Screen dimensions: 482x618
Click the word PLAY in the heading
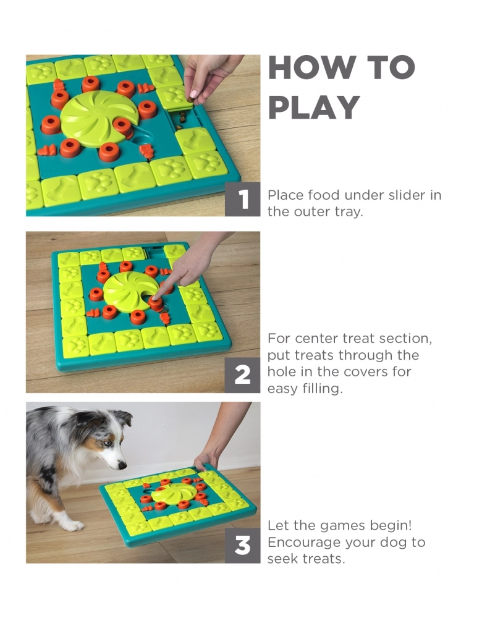point(314,107)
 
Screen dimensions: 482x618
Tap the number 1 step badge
point(242,199)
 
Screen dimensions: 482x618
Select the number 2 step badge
point(242,375)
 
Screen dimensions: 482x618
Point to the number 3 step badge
point(242,546)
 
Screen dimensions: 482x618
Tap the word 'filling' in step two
point(323,389)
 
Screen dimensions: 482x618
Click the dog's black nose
point(122,465)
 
